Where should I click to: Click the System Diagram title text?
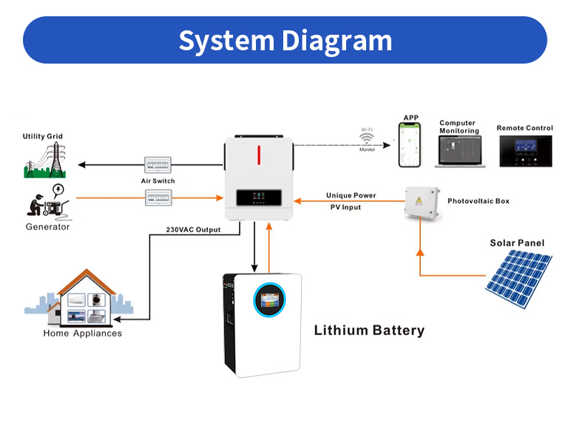(x=285, y=40)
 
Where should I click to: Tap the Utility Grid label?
(x=43, y=136)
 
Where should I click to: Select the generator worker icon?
(x=47, y=202)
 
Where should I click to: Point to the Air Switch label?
(x=158, y=180)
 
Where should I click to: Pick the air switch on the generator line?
(x=158, y=197)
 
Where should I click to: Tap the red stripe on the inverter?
(x=260, y=155)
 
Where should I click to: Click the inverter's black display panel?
(x=260, y=199)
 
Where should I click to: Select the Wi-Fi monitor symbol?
(x=368, y=138)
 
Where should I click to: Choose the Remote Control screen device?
(x=524, y=151)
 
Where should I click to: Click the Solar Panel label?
(x=517, y=243)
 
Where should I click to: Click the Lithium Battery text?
(x=369, y=331)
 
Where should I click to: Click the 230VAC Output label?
(x=194, y=229)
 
